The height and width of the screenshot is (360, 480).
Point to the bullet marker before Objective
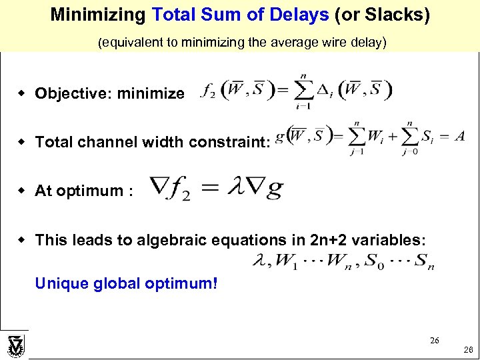[x=22, y=93]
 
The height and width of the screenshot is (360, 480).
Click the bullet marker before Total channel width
[x=22, y=142]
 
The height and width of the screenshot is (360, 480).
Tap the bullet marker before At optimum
[x=22, y=191]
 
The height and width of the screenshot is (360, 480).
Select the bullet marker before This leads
[x=22, y=239]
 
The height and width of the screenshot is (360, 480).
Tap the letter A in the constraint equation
[x=459, y=135]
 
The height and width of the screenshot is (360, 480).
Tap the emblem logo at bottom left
[x=15, y=345]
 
